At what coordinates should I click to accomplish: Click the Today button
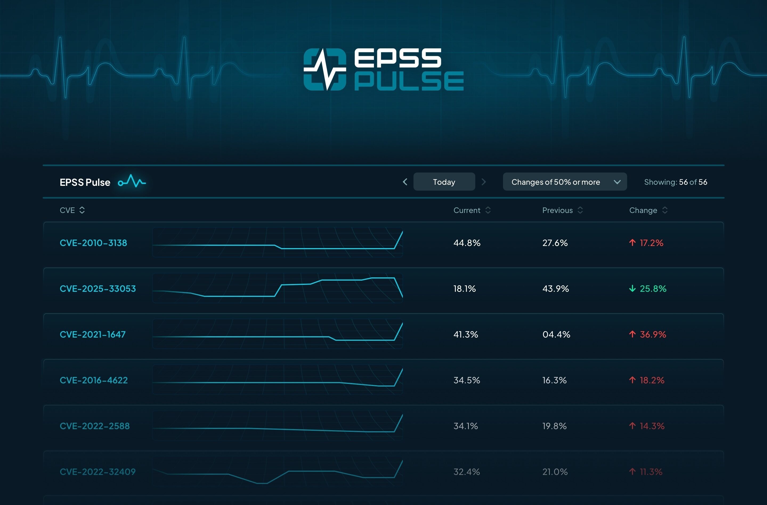[444, 182]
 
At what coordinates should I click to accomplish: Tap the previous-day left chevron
[405, 182]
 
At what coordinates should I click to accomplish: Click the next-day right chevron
[483, 182]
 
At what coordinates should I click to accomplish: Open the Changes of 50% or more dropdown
[565, 182]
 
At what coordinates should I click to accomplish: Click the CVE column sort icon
[82, 210]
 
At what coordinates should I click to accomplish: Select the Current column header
[467, 210]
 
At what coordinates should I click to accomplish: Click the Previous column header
[558, 210]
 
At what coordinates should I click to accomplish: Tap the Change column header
[643, 210]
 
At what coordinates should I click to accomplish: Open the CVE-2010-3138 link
[94, 243]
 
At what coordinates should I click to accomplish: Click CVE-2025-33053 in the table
[98, 289]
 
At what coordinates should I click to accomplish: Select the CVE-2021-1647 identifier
[92, 334]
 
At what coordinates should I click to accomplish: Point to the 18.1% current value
[464, 289]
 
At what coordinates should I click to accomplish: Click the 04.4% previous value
[556, 334]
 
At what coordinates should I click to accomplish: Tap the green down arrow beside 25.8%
[632, 289]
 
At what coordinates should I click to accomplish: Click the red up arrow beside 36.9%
[632, 334]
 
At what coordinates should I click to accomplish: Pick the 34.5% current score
[467, 380]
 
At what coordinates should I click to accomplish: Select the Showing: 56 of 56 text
[675, 182]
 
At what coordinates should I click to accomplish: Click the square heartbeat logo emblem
[325, 69]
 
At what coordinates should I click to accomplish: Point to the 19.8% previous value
[554, 426]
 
